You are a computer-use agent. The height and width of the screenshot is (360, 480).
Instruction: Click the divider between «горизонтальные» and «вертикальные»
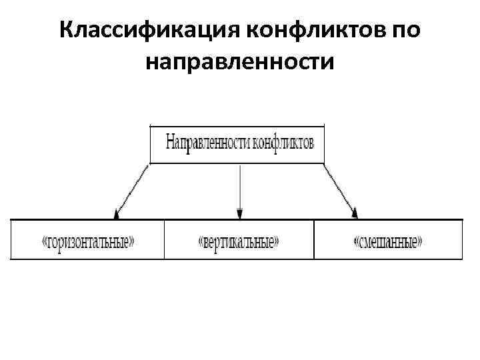pyautogui.click(x=164, y=239)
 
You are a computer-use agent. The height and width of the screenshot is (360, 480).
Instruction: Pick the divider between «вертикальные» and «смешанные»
pyautogui.click(x=313, y=239)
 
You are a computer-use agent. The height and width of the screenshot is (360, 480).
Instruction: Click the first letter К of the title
pyautogui.click(x=66, y=30)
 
